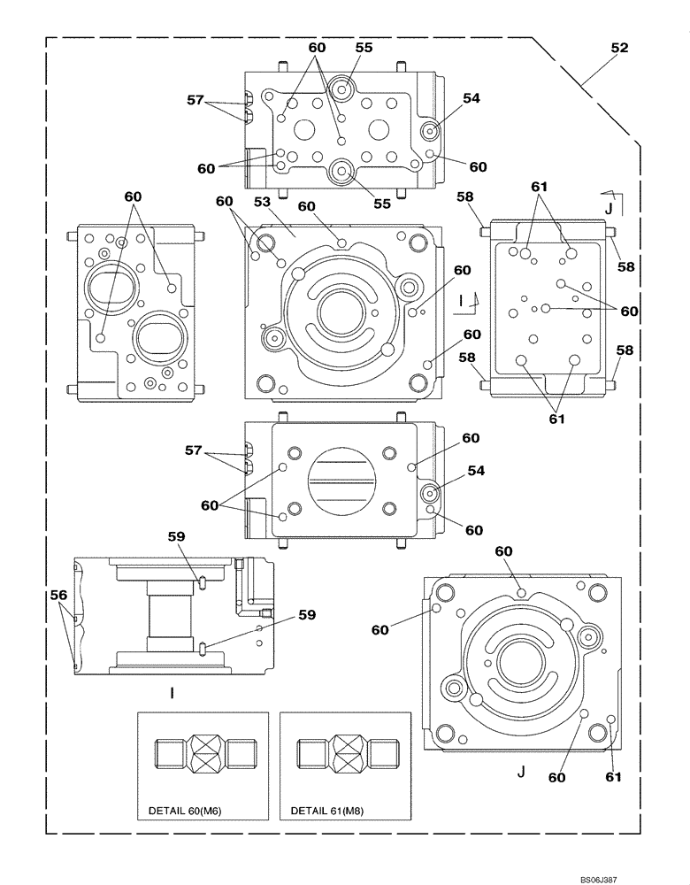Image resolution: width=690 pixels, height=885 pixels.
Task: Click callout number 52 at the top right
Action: click(x=618, y=49)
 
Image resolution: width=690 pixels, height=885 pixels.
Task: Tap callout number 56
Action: click(x=58, y=596)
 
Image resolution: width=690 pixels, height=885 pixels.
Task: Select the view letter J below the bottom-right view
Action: click(x=521, y=772)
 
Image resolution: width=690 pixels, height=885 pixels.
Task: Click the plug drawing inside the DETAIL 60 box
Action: click(x=203, y=755)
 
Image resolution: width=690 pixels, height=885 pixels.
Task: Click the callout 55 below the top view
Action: click(x=382, y=204)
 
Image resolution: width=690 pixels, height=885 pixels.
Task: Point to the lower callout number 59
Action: click(x=305, y=614)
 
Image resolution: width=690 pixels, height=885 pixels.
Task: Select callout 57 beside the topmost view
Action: click(x=196, y=101)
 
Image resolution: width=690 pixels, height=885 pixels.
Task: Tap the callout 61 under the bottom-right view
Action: click(x=613, y=777)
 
